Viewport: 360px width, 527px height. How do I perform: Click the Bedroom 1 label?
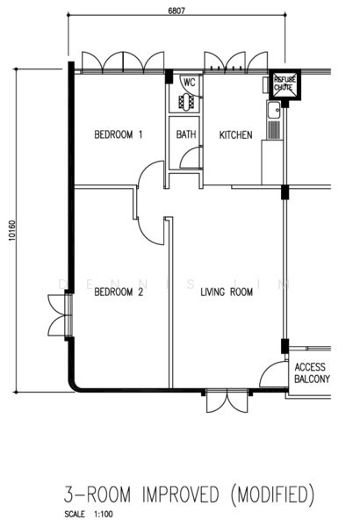[119, 134]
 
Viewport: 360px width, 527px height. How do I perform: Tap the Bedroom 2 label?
[119, 292]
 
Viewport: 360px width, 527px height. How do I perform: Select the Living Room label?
[227, 292]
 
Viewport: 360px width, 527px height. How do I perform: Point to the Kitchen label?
[235, 134]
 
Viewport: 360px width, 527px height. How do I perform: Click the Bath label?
[186, 134]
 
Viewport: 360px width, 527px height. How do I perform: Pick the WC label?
[190, 82]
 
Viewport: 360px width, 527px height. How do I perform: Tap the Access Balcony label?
[312, 372]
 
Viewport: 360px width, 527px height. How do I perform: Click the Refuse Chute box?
[285, 84]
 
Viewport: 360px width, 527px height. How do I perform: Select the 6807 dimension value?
[176, 11]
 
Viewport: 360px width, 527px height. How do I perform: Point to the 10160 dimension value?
[11, 230]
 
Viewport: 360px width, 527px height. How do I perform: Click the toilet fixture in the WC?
[186, 101]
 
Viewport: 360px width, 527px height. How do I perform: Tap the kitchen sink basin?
[274, 110]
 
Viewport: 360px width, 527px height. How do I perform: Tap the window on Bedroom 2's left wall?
[61, 315]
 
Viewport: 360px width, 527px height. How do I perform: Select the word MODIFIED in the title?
[272, 495]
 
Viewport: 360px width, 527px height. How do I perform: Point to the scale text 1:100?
[104, 514]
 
